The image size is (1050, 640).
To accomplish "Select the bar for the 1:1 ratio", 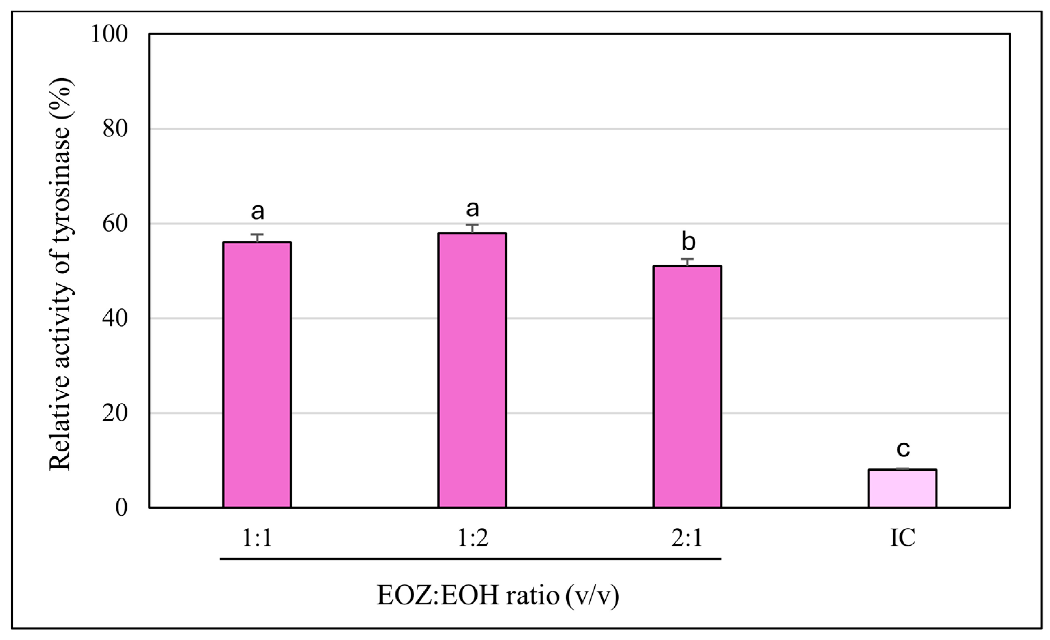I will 257,375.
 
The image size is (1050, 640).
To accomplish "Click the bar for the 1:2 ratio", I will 472,370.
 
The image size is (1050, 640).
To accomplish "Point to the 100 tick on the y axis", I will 109,34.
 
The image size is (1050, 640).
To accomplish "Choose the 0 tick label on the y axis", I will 121,508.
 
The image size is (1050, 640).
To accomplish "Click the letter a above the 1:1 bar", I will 257,211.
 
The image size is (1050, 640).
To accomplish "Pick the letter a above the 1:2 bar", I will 472,209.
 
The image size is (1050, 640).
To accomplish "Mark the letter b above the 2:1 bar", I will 688,242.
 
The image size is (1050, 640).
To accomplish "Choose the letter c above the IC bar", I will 903,448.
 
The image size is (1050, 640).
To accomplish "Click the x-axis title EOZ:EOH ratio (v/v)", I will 498,595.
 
